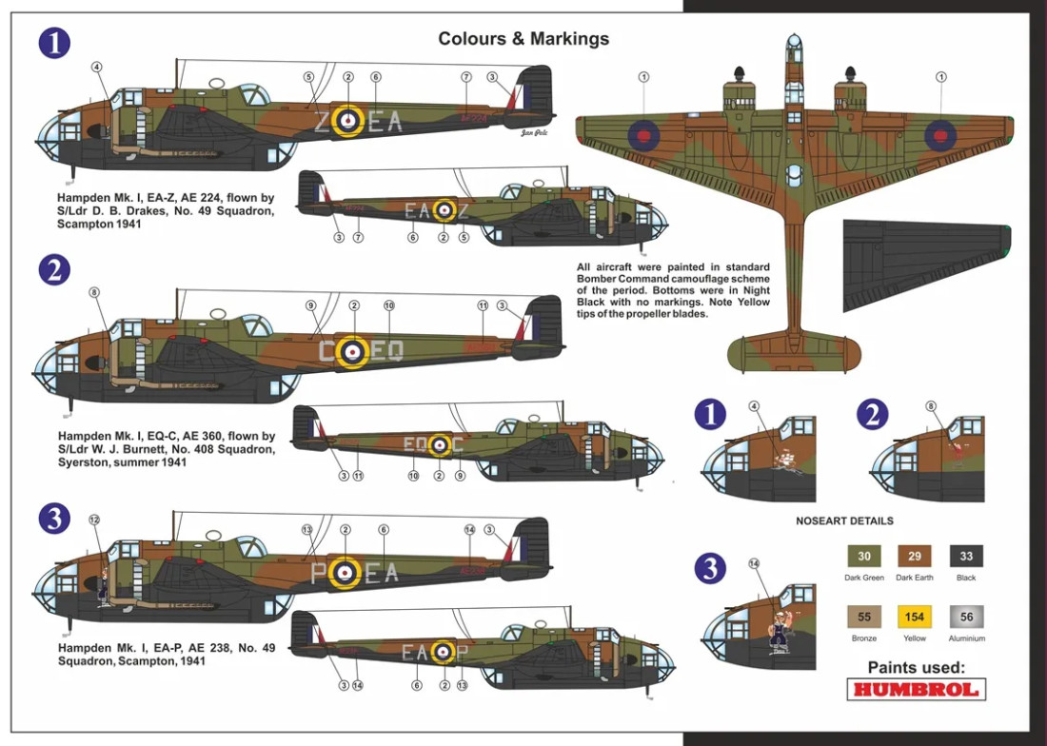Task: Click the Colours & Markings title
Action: point(523,39)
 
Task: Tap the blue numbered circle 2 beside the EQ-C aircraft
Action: point(54,270)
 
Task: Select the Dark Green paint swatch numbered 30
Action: point(864,557)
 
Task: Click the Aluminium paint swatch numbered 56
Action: point(966,616)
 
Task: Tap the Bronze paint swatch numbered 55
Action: point(864,616)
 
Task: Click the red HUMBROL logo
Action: point(916,689)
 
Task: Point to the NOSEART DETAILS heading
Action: point(844,521)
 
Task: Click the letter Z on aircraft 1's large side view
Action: point(321,121)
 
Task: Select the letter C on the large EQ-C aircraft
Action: point(326,352)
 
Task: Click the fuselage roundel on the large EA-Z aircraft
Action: point(349,120)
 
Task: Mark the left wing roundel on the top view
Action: point(644,135)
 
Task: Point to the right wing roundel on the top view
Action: point(940,135)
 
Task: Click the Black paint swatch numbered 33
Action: point(966,557)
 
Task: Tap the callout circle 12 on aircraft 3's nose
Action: point(93,520)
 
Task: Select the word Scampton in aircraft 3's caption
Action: point(89,661)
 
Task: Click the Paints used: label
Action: point(916,667)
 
